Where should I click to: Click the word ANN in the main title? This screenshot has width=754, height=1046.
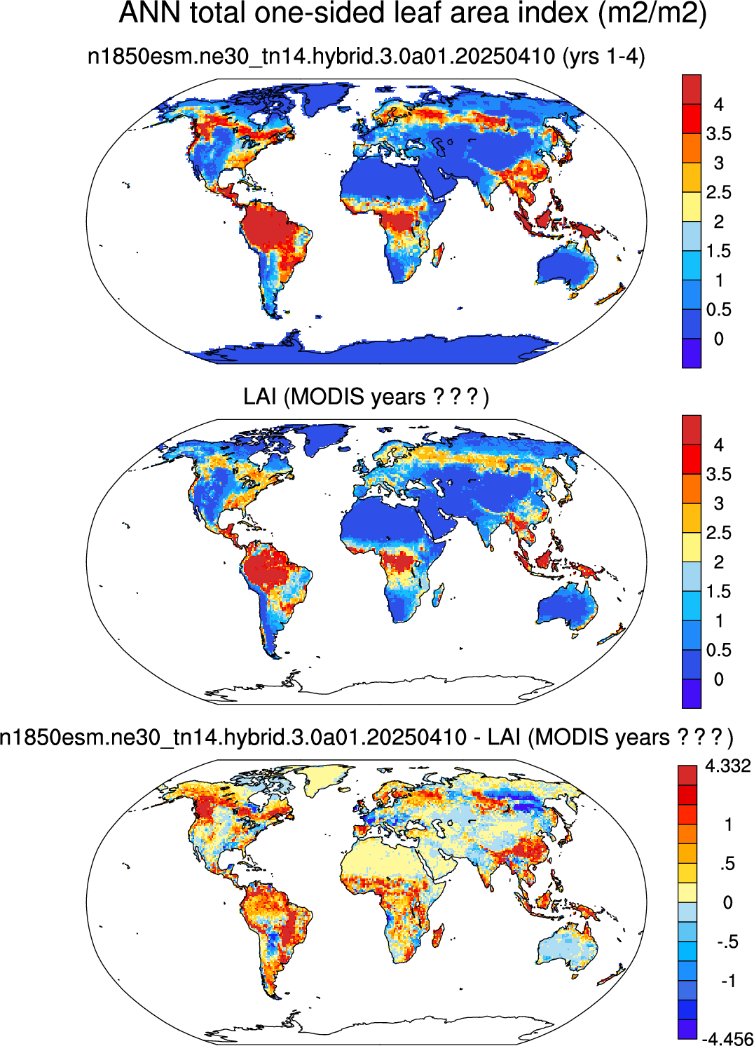(149, 13)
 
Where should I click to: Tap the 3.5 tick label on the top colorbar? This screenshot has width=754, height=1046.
(718, 134)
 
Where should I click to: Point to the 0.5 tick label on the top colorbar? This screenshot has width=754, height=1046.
(718, 310)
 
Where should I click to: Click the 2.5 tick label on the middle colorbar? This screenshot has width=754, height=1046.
(718, 533)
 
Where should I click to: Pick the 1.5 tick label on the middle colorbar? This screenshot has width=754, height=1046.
(718, 592)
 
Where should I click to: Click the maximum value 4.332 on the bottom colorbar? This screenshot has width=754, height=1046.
(727, 766)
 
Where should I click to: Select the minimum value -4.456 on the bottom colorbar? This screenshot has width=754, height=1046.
(727, 1038)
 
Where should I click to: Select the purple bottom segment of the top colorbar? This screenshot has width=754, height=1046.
(692, 353)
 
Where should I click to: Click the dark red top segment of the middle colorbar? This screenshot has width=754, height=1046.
(692, 430)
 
